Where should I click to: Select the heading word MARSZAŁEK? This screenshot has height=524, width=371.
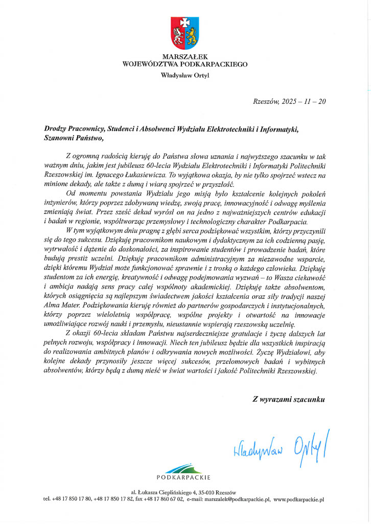(185, 56)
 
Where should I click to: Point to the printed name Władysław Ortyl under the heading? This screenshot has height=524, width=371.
(185, 76)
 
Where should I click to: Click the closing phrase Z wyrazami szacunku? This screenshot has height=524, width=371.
(288, 398)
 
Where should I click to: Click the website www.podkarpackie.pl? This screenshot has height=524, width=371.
(299, 498)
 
